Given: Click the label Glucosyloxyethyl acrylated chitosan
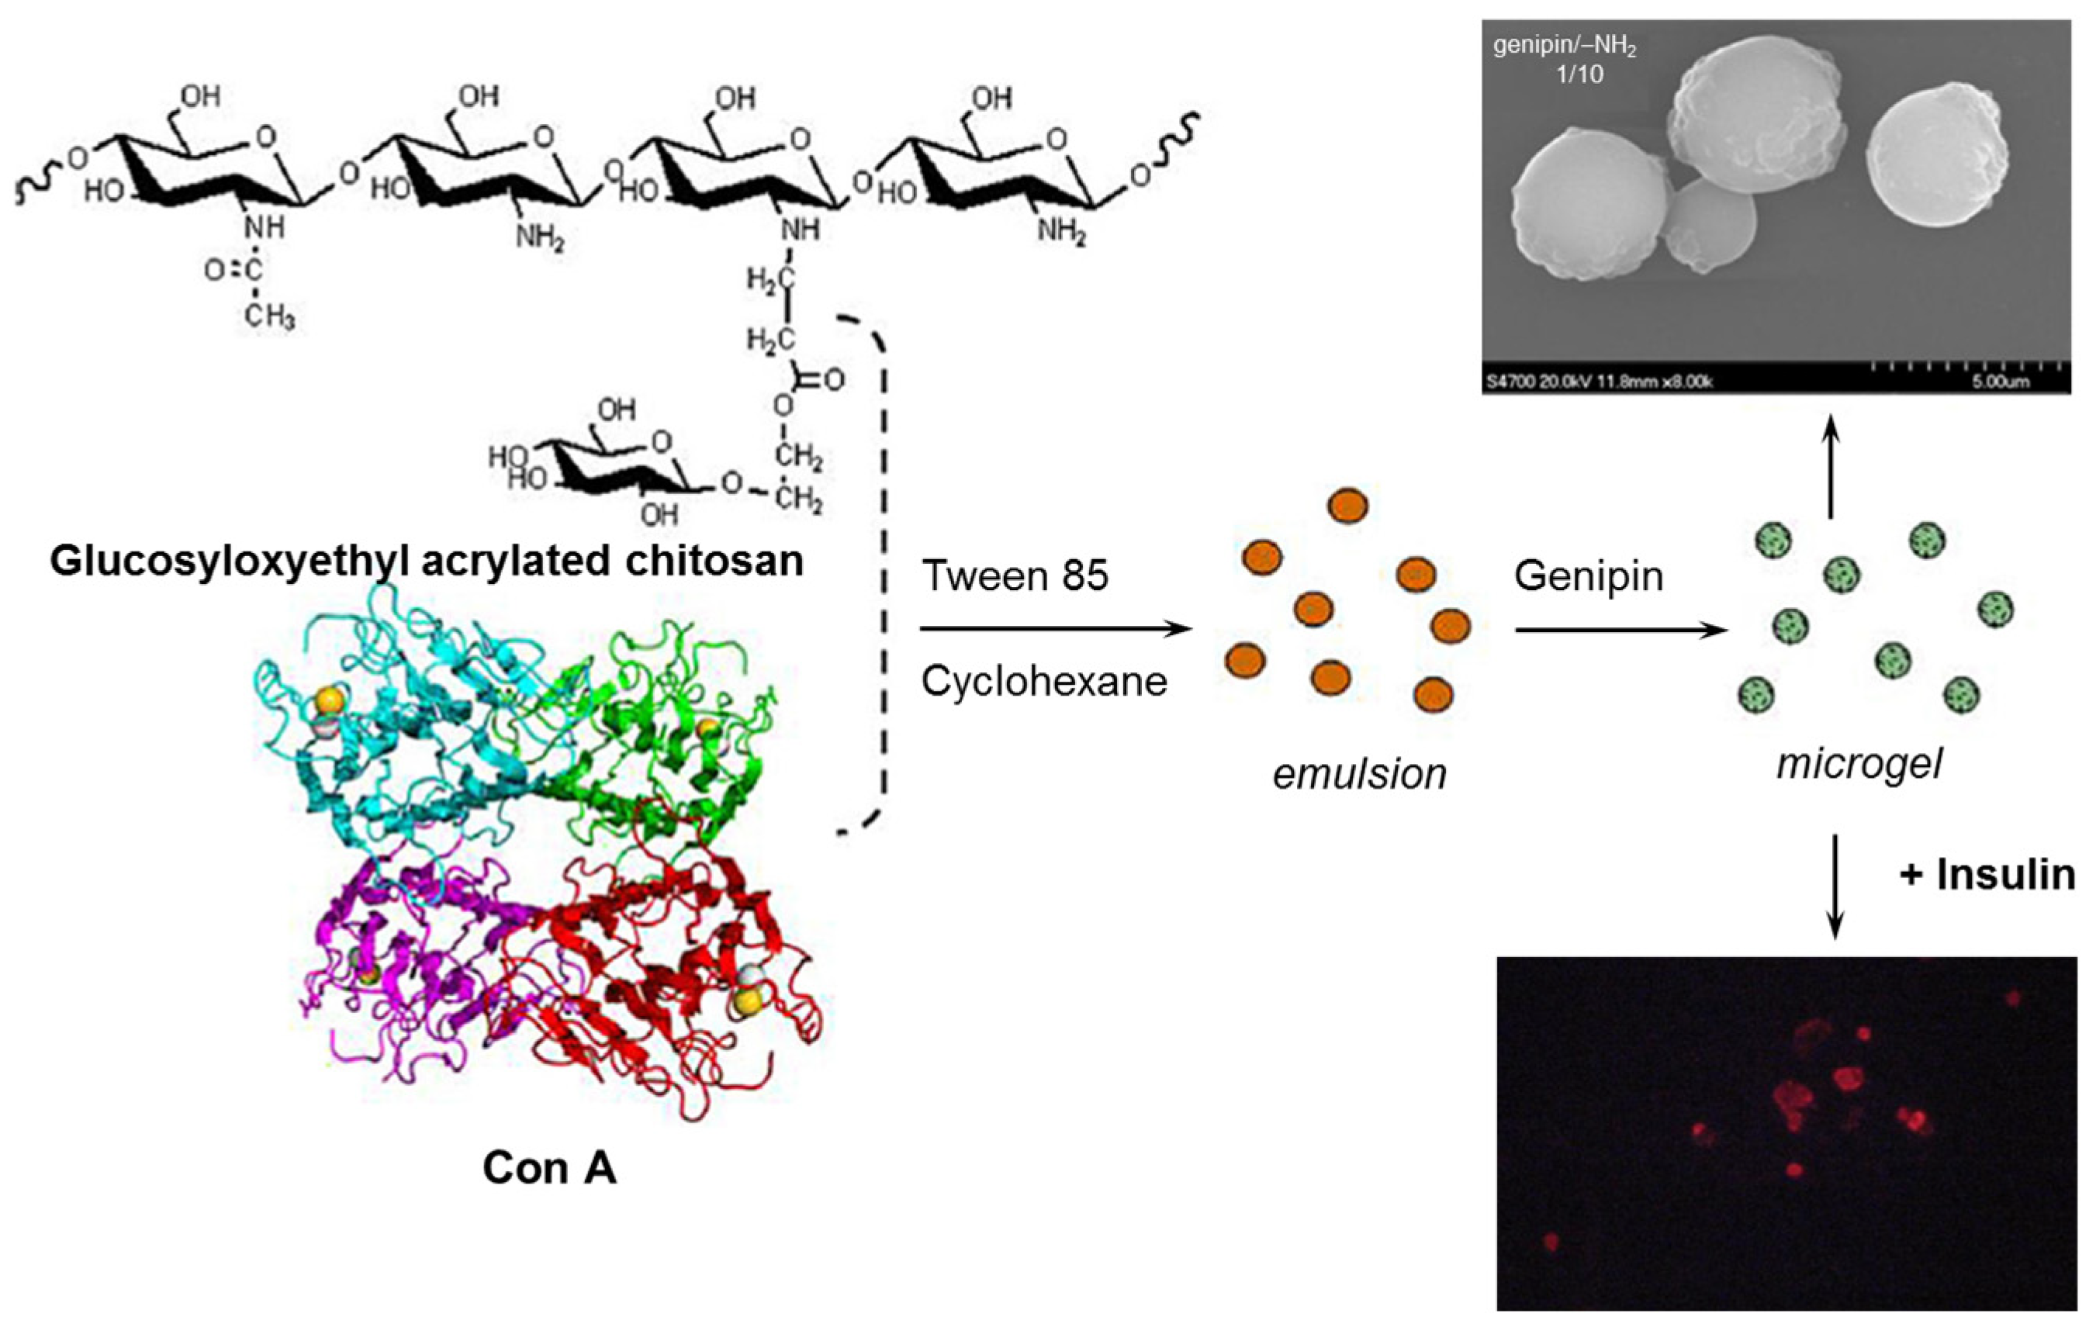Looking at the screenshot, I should (x=427, y=562).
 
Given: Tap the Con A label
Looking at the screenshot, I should (x=549, y=1168).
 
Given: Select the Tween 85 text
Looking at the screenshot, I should (x=1015, y=576).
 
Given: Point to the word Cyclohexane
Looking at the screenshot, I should (x=1043, y=682).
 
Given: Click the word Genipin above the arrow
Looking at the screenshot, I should (x=1589, y=576).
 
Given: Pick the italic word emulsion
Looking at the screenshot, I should (x=1360, y=773).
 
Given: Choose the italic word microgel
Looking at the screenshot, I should (x=1859, y=764).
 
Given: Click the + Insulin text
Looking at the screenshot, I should (x=1987, y=875).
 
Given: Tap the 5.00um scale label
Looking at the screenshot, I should (x=2002, y=381).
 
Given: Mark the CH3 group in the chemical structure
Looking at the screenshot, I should (x=269, y=316).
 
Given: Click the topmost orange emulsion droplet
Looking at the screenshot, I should (x=1347, y=506).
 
